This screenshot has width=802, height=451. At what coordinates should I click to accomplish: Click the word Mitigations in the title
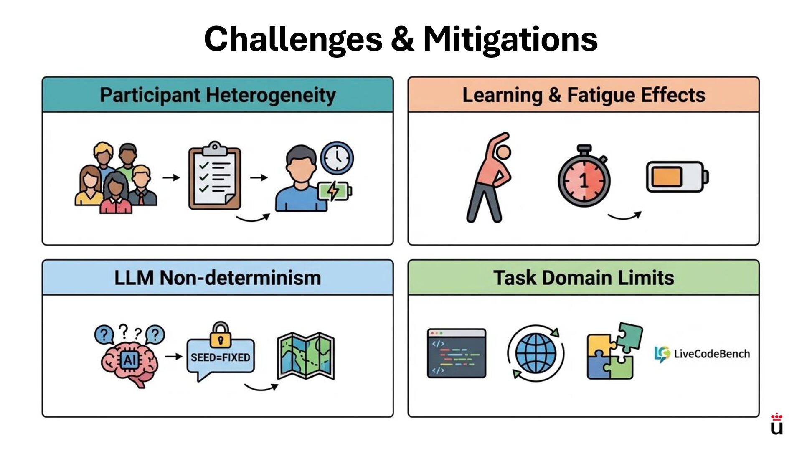[510, 40]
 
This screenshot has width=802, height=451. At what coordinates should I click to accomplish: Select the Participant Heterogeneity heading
[218, 95]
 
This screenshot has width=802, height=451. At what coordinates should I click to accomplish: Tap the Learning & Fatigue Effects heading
[584, 95]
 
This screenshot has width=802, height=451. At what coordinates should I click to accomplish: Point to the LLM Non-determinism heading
[218, 278]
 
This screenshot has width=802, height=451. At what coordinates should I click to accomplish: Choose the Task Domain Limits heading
[584, 278]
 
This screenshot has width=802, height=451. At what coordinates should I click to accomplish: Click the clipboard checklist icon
[215, 176]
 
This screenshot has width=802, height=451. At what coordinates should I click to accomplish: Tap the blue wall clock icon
[337, 158]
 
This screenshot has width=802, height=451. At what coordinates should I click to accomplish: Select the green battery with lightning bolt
[334, 191]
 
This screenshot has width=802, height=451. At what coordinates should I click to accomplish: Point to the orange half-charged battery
[677, 177]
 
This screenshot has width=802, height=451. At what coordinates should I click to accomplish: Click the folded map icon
[306, 356]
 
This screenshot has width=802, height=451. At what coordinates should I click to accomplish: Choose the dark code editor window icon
[457, 353]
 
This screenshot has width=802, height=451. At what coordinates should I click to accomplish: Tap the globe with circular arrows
[536, 353]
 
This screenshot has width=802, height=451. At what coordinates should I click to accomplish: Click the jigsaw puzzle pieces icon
[613, 352]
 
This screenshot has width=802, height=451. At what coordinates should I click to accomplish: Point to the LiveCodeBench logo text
[711, 354]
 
